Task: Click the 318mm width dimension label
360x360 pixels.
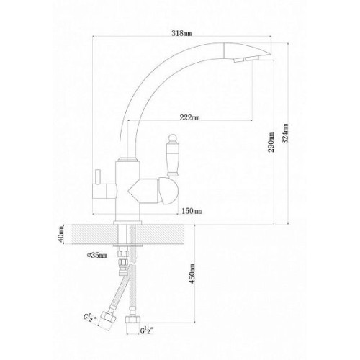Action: coord(181,33)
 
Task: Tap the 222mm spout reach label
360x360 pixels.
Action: coord(189,117)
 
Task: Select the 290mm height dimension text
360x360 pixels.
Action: coord(271,142)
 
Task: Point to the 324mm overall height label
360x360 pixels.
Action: coord(285,133)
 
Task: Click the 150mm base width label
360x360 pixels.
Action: coord(192,211)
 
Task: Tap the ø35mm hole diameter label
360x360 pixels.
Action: coord(97,256)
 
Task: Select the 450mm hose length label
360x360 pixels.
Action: coord(192,274)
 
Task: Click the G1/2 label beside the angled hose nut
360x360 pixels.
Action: coord(90,318)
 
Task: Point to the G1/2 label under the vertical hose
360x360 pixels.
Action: coord(147,330)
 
